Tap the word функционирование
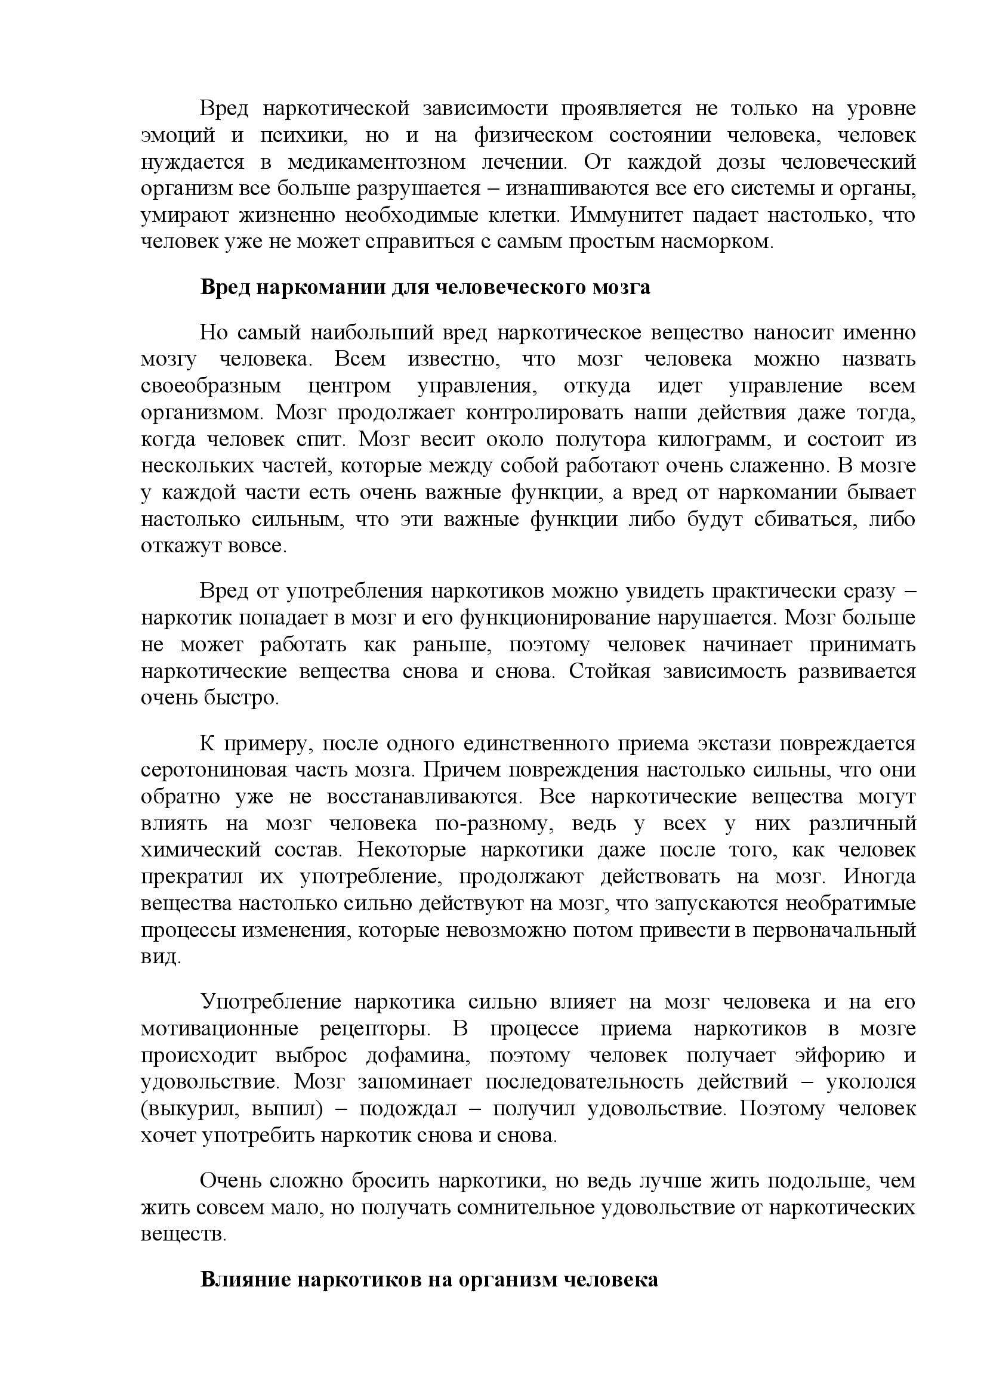pyautogui.click(x=555, y=618)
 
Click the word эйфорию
pyautogui.click(x=840, y=1056)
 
